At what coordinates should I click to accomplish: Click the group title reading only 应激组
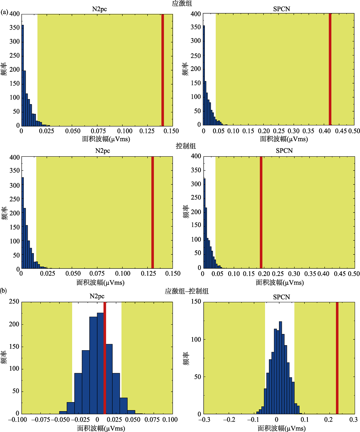pos(180,4)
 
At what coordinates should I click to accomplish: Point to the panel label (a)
pos(5,12)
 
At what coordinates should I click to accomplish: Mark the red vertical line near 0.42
pos(330,68)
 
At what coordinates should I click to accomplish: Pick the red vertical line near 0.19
pos(261,212)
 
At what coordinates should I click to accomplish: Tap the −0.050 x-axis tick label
pos(59,420)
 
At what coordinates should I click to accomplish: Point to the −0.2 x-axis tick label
pos(229,420)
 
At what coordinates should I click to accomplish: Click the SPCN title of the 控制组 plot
pos(284,150)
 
